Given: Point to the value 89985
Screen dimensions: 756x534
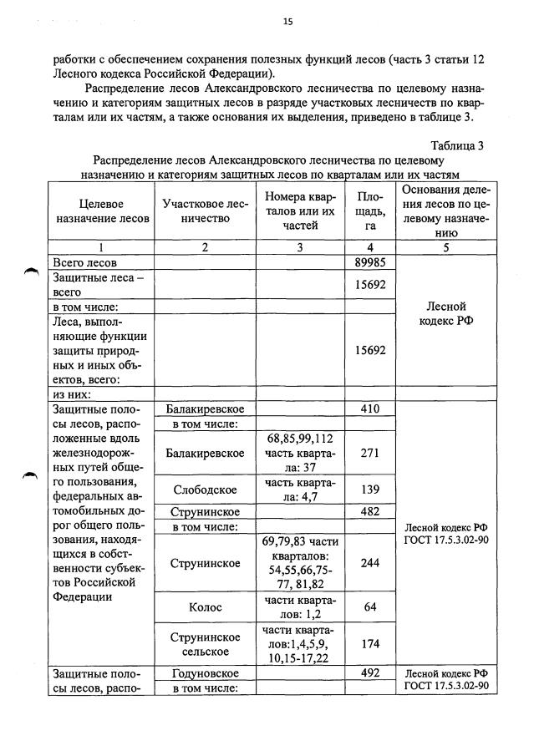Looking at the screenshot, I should tap(369, 262).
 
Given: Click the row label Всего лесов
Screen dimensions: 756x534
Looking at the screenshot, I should tap(85, 262).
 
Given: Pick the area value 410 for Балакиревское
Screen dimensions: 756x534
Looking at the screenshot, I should tap(369, 408).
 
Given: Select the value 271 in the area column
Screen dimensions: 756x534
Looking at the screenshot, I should tap(369, 453).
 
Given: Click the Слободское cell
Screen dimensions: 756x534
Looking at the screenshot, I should tap(205, 490).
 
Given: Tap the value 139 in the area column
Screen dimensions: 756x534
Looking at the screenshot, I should tap(369, 490).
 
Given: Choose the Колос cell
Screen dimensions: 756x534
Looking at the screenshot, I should tap(205, 606).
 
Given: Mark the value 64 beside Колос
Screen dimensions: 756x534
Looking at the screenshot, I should tap(369, 606).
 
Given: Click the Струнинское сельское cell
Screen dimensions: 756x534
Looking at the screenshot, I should tap(205, 643).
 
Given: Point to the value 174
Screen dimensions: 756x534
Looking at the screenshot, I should tap(369, 643).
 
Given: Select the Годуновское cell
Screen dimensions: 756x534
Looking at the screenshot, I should tap(205, 673).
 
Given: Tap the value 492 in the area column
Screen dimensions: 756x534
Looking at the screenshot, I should tap(369, 673).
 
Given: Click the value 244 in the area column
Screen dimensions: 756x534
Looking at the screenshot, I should tap(369, 563).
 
